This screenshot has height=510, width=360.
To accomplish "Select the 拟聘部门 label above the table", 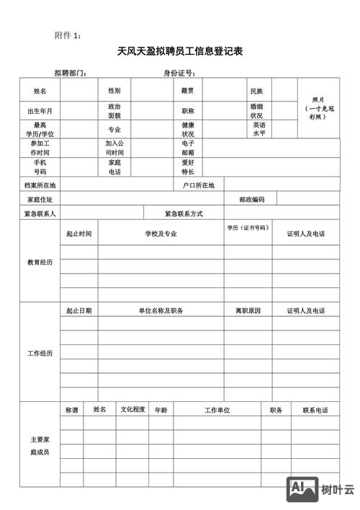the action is pos(71,73).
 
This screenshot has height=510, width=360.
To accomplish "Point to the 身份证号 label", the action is pos(179,73).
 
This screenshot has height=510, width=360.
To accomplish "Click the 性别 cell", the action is pos(114,91).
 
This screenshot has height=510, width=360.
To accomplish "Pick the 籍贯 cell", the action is pos(187,91).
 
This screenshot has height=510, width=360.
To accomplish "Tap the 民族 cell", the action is pos(256,91).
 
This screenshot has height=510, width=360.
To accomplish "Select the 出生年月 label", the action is pos(40,111).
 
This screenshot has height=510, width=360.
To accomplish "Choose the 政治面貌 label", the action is pos(114,110).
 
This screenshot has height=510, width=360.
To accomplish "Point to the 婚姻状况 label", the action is pos(256,110).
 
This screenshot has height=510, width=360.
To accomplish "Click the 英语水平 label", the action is pos(259,129).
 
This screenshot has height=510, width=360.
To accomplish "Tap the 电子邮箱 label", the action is pos(187,148).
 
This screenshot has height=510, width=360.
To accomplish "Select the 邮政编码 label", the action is pos(252,199).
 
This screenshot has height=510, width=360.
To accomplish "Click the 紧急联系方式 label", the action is pos(184,214).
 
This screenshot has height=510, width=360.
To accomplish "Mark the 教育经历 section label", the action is pos(40,261).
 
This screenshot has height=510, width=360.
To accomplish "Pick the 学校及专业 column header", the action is pos(161,233).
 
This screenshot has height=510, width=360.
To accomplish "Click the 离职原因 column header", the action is pos(248,310).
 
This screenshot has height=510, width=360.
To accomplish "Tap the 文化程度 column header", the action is pos(133,409).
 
